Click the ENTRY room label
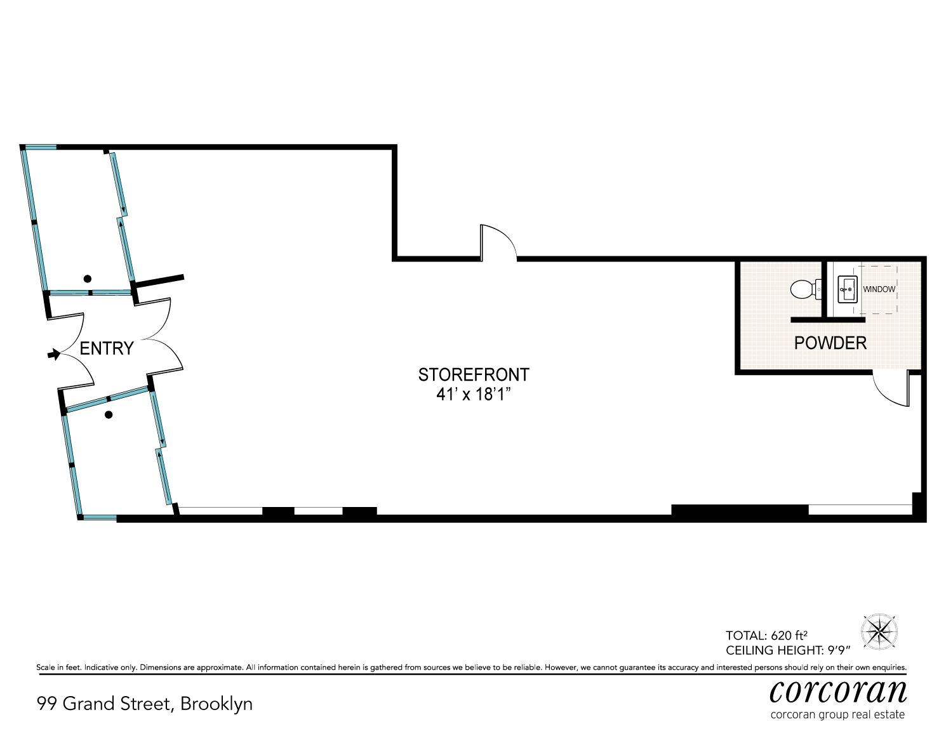(x=107, y=348)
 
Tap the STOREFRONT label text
(x=474, y=374)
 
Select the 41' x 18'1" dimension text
(x=474, y=394)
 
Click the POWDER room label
(x=830, y=343)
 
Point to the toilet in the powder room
(x=804, y=290)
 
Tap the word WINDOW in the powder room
(x=879, y=289)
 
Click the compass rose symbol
(x=879, y=631)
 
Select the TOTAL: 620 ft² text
(x=766, y=635)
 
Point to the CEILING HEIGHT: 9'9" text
(x=787, y=650)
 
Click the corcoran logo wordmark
(x=838, y=691)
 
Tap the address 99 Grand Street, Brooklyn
(x=145, y=704)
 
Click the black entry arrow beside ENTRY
(x=55, y=354)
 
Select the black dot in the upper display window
(x=88, y=279)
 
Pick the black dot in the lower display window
(x=109, y=415)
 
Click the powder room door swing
(x=890, y=388)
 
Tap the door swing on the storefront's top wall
(x=498, y=242)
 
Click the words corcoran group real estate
(x=837, y=715)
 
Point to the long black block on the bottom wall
(x=740, y=510)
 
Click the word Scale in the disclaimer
(x=46, y=668)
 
